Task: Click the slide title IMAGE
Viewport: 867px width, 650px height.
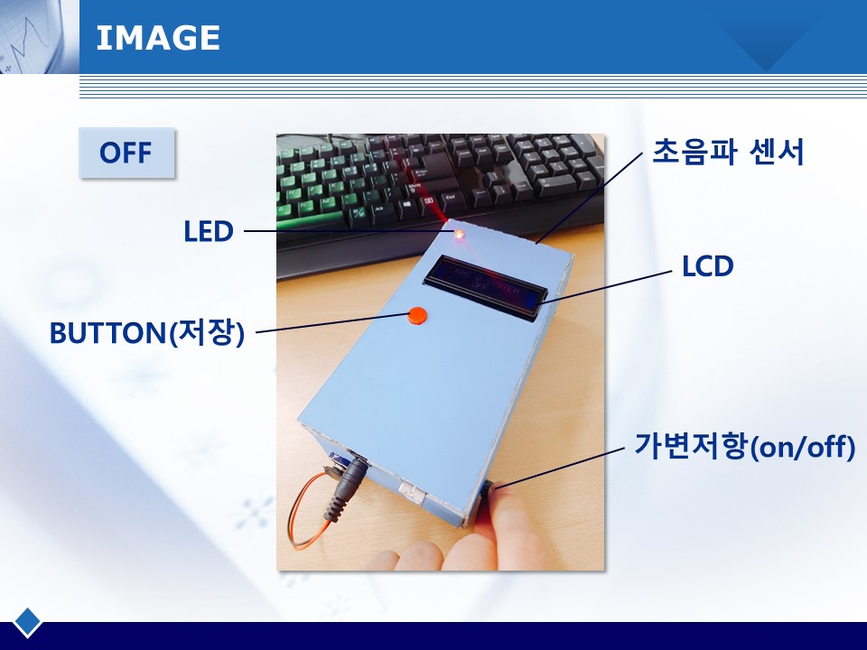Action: [x=158, y=38]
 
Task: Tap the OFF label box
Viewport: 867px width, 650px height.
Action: [x=126, y=153]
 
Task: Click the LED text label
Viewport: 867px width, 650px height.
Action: [x=209, y=231]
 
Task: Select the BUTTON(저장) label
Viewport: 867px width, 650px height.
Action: [x=147, y=333]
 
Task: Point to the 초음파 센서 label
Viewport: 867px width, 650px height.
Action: [x=728, y=152]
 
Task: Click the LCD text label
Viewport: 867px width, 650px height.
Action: [x=708, y=265]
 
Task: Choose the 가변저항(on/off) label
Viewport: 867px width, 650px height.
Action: [x=744, y=445]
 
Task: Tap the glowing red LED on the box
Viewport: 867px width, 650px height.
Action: [x=459, y=235]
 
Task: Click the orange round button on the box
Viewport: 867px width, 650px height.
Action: [x=417, y=315]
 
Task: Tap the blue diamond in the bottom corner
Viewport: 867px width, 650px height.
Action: [x=27, y=622]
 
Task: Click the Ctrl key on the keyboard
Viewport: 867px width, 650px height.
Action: [x=450, y=199]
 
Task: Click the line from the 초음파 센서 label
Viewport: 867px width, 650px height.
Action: [x=589, y=198]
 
